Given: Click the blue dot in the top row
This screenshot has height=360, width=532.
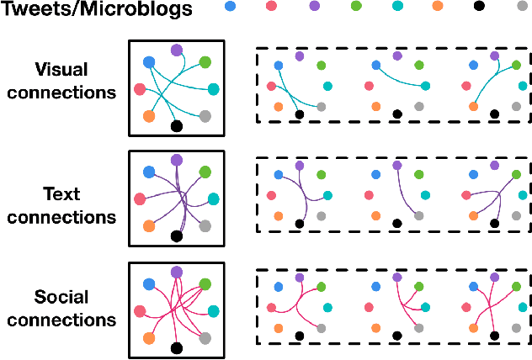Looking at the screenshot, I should (231, 7).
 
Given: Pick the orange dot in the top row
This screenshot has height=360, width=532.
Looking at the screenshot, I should (437, 7).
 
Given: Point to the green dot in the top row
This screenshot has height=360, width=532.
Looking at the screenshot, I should (355, 7).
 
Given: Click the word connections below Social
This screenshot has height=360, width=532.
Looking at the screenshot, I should (74, 320).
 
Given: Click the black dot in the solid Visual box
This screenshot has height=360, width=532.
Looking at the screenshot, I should (176, 126).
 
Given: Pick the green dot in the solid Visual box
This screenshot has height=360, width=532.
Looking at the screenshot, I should (204, 62).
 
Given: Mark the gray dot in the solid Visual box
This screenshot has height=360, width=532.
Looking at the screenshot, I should (204, 116).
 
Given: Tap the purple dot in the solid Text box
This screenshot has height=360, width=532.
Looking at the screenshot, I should (176, 159).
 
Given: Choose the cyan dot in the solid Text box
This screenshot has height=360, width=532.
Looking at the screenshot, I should (213, 199).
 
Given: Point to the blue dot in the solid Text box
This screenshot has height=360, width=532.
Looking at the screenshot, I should (149, 172).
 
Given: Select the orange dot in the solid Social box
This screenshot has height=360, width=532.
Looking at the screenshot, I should (149, 337).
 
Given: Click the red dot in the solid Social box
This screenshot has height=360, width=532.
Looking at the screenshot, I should (139, 310).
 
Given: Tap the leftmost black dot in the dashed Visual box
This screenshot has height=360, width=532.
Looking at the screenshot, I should (299, 114).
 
